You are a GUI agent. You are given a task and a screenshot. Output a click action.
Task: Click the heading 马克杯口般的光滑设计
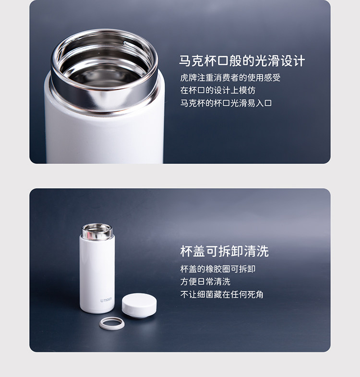[x=242, y=61]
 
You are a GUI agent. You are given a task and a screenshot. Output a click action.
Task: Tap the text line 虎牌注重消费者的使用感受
[x=230, y=78]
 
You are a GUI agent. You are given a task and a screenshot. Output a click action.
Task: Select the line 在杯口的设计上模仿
[x=218, y=90]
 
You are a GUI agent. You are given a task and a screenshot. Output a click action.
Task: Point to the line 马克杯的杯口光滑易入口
[x=226, y=103]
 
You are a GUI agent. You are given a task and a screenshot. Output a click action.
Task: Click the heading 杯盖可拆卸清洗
[x=224, y=251]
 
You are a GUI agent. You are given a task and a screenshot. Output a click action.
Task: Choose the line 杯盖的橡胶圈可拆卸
[x=218, y=269]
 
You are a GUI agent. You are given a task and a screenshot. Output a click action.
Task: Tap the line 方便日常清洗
[x=205, y=282]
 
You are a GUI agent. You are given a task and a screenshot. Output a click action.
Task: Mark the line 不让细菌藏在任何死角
[x=222, y=295]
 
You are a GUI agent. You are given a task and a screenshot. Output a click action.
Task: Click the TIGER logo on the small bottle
[x=106, y=300]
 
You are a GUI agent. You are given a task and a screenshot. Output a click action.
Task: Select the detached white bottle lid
[x=139, y=305]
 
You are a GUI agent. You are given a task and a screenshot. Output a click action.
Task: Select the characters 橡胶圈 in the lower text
[x=218, y=269]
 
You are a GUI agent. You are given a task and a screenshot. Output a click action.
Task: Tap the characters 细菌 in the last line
[x=205, y=295]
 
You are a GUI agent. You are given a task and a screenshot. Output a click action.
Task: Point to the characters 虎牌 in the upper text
[x=189, y=78]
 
